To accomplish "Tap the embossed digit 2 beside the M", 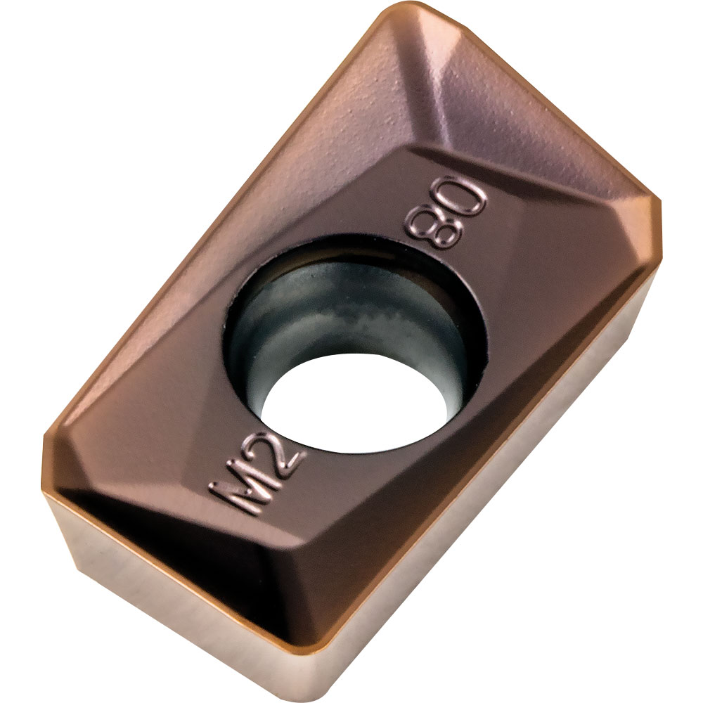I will click(x=278, y=460).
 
